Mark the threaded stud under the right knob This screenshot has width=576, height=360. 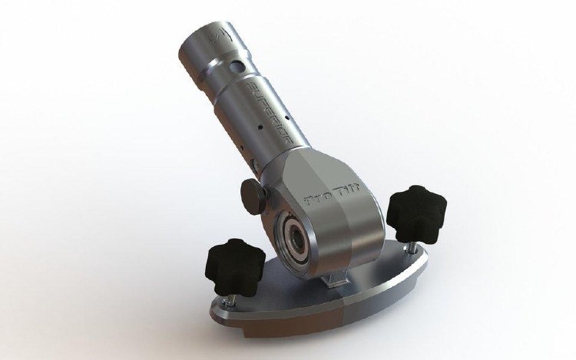point(400,234)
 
